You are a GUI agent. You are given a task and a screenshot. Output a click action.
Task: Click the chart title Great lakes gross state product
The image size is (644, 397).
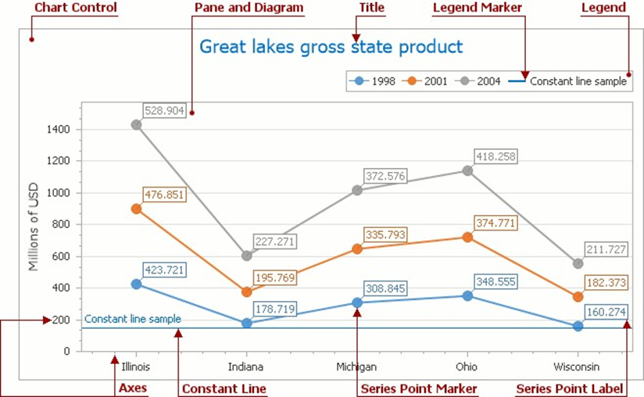point(331,47)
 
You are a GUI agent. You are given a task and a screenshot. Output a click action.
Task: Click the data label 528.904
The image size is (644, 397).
point(164,111)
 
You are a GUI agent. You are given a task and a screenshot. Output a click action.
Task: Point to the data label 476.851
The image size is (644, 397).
point(164,195)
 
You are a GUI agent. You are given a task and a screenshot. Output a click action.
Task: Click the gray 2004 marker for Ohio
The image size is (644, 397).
point(467,171)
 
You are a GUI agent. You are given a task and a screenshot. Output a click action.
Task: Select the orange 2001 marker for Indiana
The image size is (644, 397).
point(247,292)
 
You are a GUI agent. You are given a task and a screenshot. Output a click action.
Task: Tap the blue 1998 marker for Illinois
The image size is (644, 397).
point(137,284)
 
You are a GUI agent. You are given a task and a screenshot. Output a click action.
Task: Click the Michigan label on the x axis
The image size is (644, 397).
point(357,367)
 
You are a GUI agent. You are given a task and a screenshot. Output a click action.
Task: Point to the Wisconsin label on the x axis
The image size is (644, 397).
point(578,367)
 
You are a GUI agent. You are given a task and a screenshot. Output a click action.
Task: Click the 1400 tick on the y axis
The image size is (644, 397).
point(59,130)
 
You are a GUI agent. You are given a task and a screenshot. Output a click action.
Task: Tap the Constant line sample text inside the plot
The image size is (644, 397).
point(133,319)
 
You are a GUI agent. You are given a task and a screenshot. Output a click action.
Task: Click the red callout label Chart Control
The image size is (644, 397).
point(76,8)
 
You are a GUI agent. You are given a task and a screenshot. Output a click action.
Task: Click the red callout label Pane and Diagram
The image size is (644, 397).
point(249,8)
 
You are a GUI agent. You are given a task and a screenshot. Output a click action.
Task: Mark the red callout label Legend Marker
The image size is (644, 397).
point(478,8)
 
